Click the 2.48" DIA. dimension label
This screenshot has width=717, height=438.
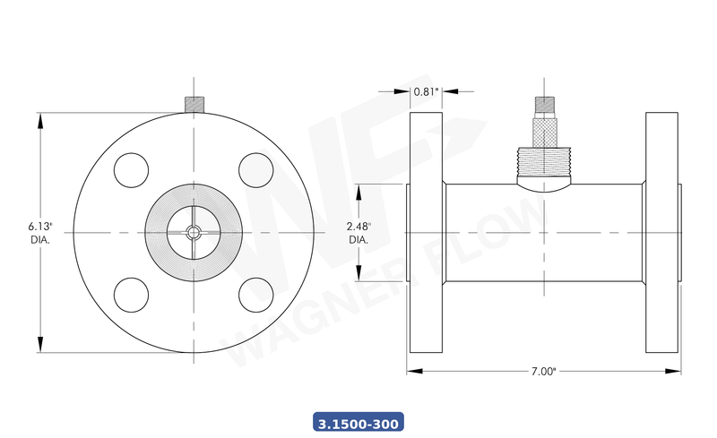pos(358,233)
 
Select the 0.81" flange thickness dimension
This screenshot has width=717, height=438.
pos(425,90)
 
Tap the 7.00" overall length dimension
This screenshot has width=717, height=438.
pos(543,370)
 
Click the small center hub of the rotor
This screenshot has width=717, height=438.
pos(194,233)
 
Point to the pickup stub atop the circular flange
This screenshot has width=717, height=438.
pos(193,104)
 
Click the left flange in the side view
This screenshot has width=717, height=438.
pos(427,233)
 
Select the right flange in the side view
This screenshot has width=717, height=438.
pos(661,233)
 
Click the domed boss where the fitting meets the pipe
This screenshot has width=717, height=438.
pos(543,186)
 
